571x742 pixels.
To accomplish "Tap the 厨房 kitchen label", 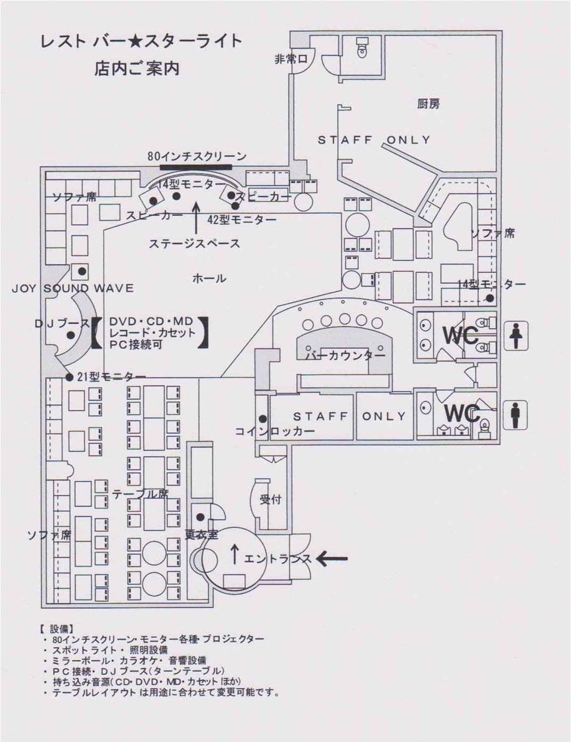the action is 428,103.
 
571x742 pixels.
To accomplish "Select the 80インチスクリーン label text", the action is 197,156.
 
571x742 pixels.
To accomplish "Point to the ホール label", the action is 209,278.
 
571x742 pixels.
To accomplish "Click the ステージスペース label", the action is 194,243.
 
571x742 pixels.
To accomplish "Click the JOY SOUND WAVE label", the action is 72,289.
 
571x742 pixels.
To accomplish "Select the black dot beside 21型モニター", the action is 69,377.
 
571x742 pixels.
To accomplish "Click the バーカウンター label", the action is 345,355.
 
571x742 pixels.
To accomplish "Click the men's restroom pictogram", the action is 515,414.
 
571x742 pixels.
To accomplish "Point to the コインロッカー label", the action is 275,430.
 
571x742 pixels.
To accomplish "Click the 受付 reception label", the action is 270,500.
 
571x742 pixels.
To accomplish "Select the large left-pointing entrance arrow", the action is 332,559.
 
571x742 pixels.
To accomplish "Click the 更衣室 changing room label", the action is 201,534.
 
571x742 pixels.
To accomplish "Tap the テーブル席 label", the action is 140,494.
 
